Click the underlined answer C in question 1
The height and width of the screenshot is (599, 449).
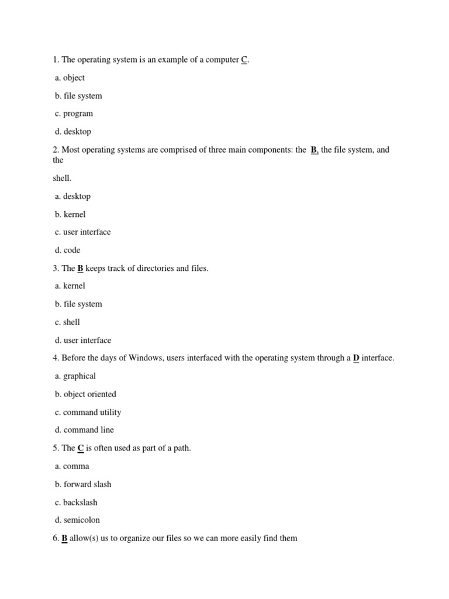[244, 60]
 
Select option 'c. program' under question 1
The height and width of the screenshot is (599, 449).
[74, 113]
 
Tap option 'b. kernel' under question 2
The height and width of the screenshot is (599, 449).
[70, 214]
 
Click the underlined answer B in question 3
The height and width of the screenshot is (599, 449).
[81, 268]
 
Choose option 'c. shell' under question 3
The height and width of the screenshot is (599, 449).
[67, 322]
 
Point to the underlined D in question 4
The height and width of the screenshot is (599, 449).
[356, 358]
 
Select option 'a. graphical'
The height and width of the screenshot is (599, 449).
[75, 376]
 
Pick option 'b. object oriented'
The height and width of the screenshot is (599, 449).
[85, 394]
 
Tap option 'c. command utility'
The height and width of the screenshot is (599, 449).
[88, 412]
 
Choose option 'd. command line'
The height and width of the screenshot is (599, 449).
[85, 430]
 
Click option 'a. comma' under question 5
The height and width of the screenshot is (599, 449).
[72, 466]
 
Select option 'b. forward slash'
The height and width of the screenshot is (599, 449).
[83, 484]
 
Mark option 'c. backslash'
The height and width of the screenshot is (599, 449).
[76, 502]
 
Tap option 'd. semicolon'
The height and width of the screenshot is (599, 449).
[77, 520]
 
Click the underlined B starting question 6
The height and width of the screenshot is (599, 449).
[65, 538]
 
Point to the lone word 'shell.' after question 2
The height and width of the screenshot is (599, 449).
[62, 178]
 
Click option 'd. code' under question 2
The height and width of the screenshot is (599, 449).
[68, 250]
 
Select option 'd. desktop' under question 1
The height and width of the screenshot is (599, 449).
[73, 132]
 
